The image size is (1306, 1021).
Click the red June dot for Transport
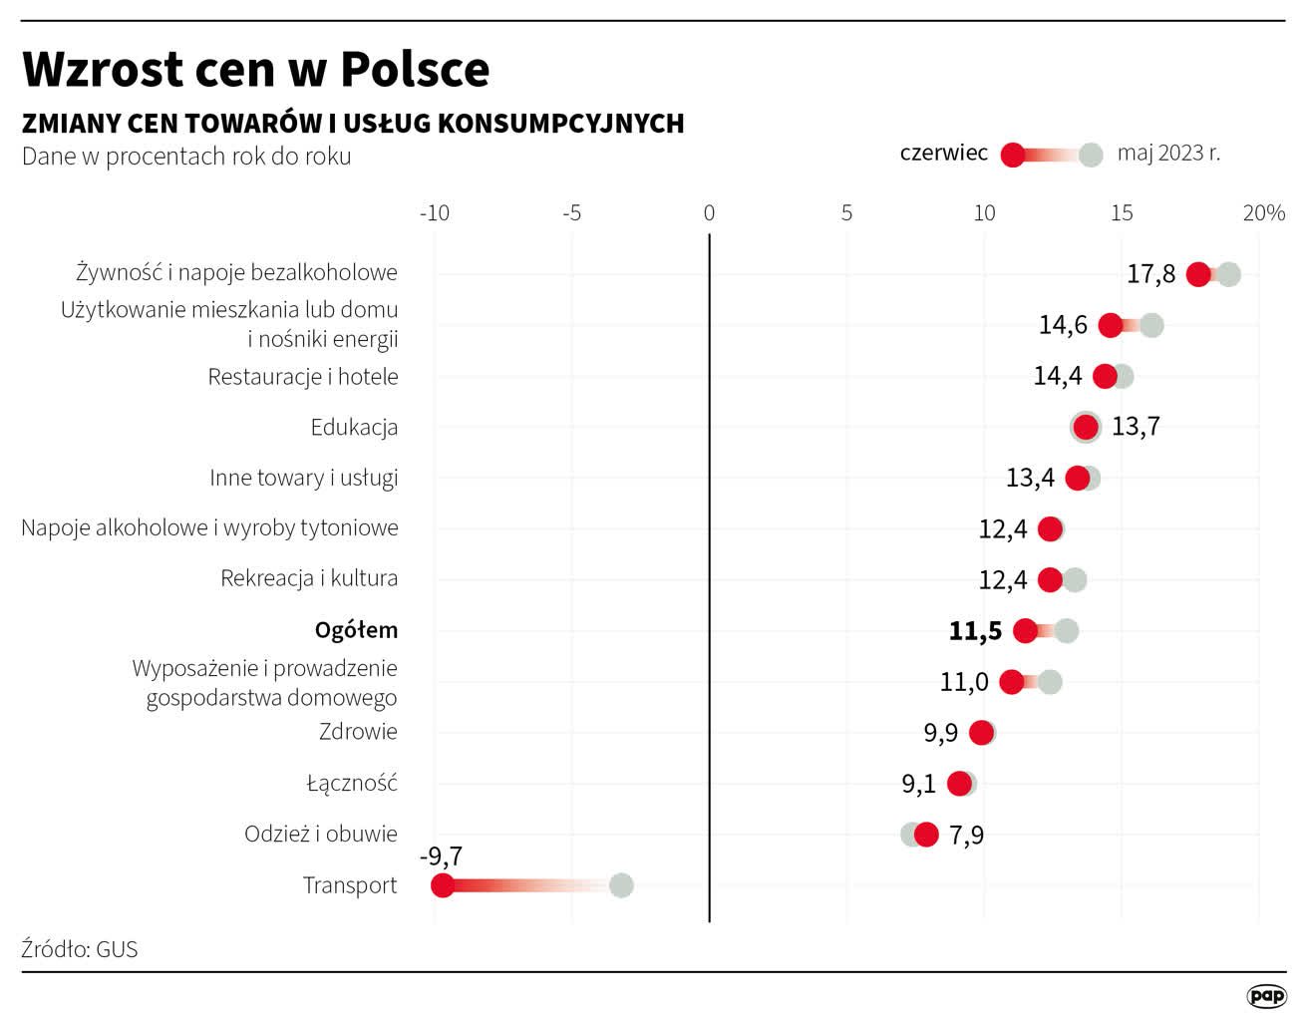pyautogui.click(x=443, y=885)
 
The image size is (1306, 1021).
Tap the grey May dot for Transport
pyautogui.click(x=621, y=885)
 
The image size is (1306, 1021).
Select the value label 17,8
pyautogui.click(x=1150, y=274)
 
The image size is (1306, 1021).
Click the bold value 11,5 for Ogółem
pyautogui.click(x=975, y=631)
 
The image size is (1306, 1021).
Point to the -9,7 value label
pyautogui.click(x=441, y=856)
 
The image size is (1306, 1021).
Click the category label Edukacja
pyautogui.click(x=354, y=428)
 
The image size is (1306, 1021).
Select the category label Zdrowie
pyautogui.click(x=358, y=732)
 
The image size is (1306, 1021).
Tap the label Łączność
pyautogui.click(x=352, y=784)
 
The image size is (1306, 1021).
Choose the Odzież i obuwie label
pyautogui.click(x=321, y=835)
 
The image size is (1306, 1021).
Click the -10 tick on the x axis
pyautogui.click(x=435, y=213)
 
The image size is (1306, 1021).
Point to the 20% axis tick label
pyautogui.click(x=1263, y=213)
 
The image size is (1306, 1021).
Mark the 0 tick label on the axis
pyautogui.click(x=709, y=213)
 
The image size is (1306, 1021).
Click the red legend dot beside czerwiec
pyautogui.click(x=1013, y=155)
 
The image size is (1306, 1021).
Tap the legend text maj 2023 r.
pyautogui.click(x=1168, y=154)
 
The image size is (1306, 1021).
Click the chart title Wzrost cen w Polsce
pyautogui.click(x=256, y=70)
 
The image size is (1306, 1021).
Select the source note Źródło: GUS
pyautogui.click(x=80, y=949)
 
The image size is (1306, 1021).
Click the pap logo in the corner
pyautogui.click(x=1266, y=996)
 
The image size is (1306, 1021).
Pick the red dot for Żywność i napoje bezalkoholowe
pyautogui.click(x=1198, y=275)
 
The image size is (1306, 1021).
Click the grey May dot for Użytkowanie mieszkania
pyautogui.click(x=1151, y=325)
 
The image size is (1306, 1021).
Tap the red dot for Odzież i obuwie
pyautogui.click(x=926, y=835)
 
